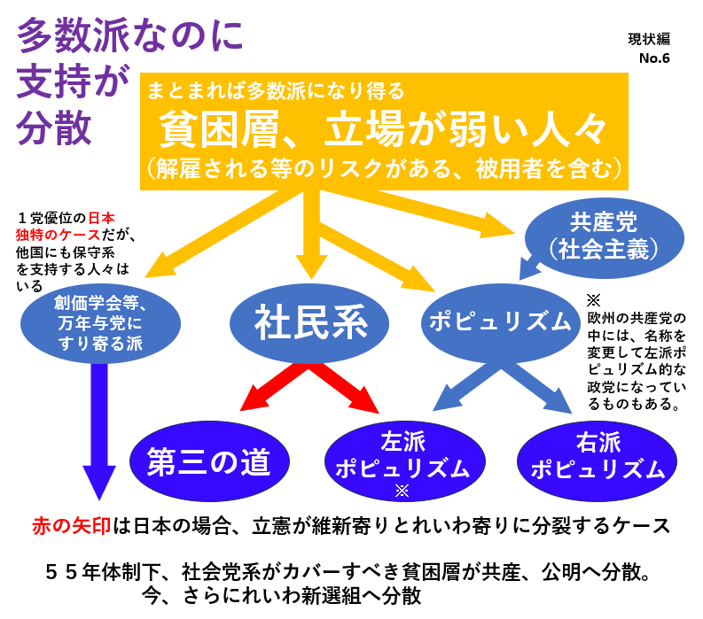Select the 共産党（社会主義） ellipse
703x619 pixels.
click(x=605, y=235)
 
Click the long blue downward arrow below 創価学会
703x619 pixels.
click(x=98, y=425)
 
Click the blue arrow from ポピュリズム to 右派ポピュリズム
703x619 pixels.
click(x=541, y=390)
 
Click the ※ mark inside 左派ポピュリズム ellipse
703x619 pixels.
click(x=402, y=489)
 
